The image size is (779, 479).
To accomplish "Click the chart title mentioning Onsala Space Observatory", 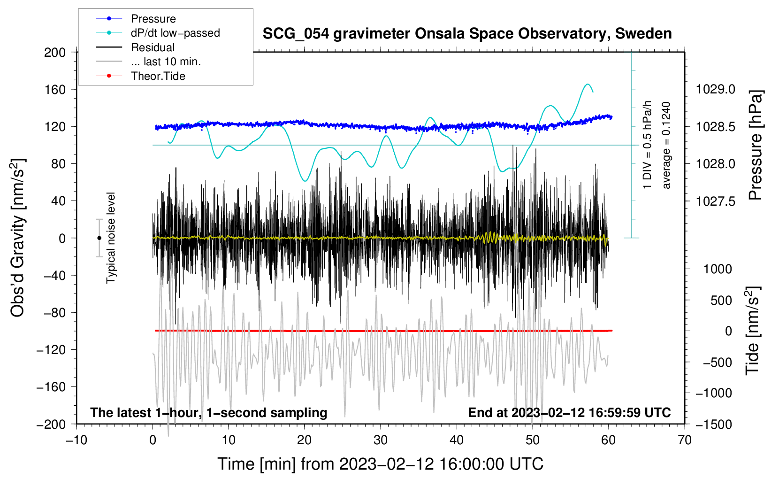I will [x=467, y=34].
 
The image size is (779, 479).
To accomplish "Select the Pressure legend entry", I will [x=153, y=19].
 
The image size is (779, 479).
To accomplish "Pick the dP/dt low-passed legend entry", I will [x=175, y=33].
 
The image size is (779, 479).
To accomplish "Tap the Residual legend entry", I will [x=153, y=47].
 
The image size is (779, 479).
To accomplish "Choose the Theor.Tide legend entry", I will [x=158, y=76].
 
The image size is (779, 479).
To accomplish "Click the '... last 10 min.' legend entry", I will [x=166, y=62].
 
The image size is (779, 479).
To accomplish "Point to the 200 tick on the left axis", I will [x=55, y=52].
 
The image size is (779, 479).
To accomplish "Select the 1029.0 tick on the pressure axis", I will [x=716, y=89].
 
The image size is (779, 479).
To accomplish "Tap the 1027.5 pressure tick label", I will [x=716, y=201].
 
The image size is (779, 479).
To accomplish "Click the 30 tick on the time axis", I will [x=381, y=440].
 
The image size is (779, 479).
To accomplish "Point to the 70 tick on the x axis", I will [x=685, y=440].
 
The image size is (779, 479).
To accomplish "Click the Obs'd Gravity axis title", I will [x=18, y=238].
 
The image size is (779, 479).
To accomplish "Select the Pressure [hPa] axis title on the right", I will [x=756, y=146].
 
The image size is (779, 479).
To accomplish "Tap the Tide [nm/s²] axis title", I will [x=753, y=331].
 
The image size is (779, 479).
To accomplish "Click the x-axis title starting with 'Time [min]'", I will [x=381, y=464].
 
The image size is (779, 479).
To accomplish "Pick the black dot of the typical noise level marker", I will [x=99, y=238].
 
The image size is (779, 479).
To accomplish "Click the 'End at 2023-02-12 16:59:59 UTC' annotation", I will [x=569, y=412].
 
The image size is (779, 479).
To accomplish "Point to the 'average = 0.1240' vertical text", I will [x=666, y=146].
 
